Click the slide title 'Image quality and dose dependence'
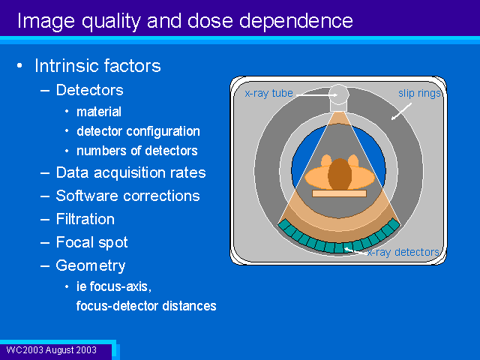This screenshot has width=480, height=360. (185, 22)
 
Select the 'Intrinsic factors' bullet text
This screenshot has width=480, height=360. (97, 66)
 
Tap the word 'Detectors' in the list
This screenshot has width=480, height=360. (90, 90)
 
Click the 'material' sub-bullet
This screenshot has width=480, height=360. (99, 112)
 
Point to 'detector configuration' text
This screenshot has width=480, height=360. (138, 132)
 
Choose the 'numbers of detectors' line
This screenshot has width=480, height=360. (136, 151)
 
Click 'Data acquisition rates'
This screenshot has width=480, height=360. (130, 173)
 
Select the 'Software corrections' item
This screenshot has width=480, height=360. (127, 196)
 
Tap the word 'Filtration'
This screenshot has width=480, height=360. (85, 219)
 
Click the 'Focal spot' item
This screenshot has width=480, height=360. (91, 243)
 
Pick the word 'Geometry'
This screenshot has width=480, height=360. (91, 266)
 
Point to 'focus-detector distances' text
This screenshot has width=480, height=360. (146, 306)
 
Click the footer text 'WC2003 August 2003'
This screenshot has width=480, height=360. (52, 350)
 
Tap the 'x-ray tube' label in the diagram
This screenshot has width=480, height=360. (268, 93)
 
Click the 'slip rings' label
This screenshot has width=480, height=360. (419, 93)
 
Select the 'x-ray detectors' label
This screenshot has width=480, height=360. (403, 252)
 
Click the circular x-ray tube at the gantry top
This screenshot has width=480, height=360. (338, 94)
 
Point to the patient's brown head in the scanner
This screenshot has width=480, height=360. (340, 174)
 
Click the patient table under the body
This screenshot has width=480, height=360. (339, 193)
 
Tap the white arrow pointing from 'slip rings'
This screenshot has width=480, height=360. (401, 112)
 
